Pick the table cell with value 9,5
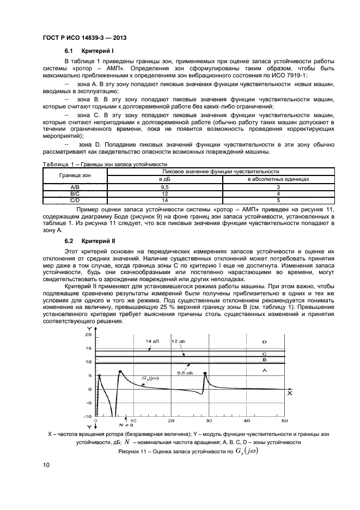tap(164, 186)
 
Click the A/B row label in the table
tap(76, 186)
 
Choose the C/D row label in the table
tap(76, 200)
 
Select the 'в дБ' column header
tap(164, 179)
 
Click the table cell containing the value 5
tap(278, 200)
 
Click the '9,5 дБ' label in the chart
tap(185, 373)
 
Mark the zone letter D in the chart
tap(264, 342)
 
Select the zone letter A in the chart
tap(264, 371)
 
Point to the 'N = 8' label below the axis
tap(126, 424)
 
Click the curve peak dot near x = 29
tap(205, 373)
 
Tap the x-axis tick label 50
tap(284, 421)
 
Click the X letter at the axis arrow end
tap(290, 393)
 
